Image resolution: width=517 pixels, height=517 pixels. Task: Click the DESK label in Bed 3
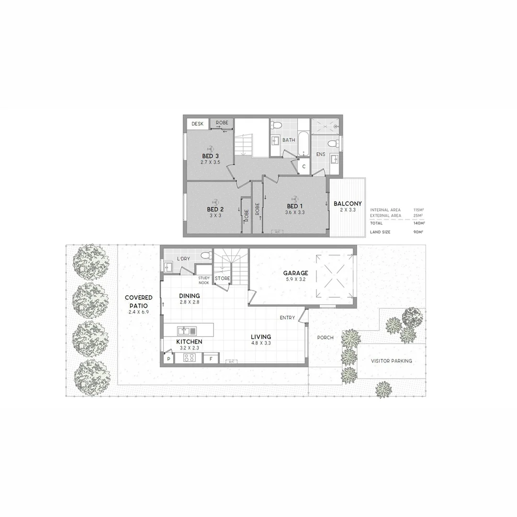[197, 124]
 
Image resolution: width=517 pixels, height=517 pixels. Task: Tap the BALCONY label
[348, 203]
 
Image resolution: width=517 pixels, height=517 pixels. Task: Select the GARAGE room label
[295, 273]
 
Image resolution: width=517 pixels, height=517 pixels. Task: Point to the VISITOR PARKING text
[391, 361]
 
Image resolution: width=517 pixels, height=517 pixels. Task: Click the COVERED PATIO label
[139, 302]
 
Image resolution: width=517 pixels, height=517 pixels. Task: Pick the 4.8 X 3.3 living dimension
[261, 343]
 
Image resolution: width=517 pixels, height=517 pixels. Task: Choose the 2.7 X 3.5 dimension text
[210, 162]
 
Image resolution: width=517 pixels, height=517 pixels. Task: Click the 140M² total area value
[419, 223]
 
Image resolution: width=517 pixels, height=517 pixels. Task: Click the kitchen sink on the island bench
[186, 330]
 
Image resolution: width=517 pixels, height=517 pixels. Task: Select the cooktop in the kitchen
[188, 358]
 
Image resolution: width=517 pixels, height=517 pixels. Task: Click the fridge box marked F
[211, 358]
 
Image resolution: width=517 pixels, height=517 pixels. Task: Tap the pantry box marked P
[169, 359]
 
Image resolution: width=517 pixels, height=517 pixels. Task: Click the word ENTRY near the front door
[288, 317]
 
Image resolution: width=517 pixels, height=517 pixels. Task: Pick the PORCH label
[325, 337]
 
